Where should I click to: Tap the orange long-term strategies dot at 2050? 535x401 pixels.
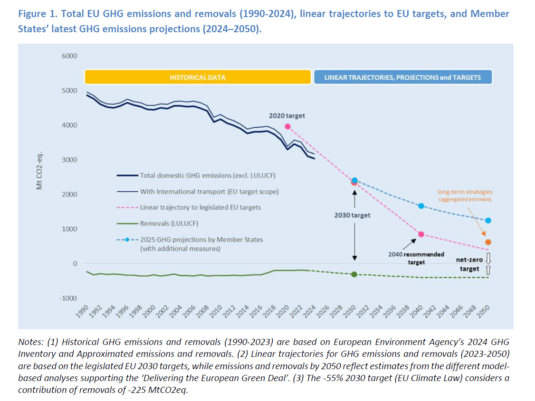pyautogui.click(x=488, y=242)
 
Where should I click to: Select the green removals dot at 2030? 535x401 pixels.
pyautogui.click(x=354, y=274)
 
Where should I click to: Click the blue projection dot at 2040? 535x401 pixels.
pyautogui.click(x=421, y=206)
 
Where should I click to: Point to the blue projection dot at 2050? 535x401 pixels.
pyautogui.click(x=488, y=221)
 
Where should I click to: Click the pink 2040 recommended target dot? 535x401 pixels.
pyautogui.click(x=421, y=234)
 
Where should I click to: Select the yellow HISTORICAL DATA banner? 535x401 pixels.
pyautogui.click(x=198, y=77)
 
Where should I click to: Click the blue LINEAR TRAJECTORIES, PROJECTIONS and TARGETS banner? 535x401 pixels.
pyautogui.click(x=402, y=77)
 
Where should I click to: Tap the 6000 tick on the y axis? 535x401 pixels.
pyautogui.click(x=70, y=56)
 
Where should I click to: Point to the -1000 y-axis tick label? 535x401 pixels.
pyautogui.click(x=68, y=298)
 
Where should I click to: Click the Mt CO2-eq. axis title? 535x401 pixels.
pyautogui.click(x=40, y=171)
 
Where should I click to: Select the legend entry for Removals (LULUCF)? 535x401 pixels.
pyautogui.click(x=169, y=223)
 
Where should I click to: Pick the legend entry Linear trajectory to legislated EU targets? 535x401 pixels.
pyautogui.click(x=200, y=207)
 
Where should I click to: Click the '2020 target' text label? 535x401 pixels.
pyautogui.click(x=287, y=115)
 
